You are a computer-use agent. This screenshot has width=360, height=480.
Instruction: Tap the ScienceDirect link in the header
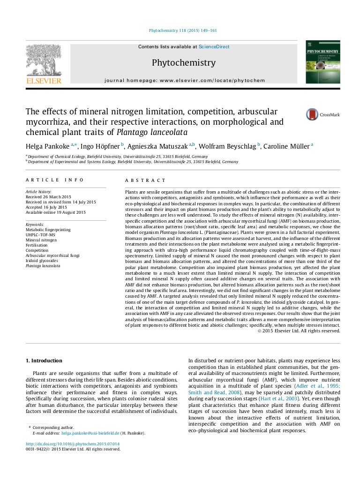pyautogui.click(x=214, y=47)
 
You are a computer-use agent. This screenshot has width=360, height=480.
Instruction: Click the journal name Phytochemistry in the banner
pyautogui.click(x=184, y=63)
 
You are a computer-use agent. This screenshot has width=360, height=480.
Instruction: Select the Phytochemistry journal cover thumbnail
pyautogui.click(x=322, y=62)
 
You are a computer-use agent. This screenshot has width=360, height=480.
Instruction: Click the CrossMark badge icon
pyautogui.click(x=312, y=114)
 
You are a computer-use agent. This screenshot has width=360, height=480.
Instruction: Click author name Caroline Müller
pyautogui.click(x=286, y=146)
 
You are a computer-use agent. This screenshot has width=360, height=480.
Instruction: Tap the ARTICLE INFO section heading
pyautogui.click(x=55, y=180)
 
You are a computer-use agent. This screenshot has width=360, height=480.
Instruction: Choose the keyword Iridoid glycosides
pyautogui.click(x=42, y=261)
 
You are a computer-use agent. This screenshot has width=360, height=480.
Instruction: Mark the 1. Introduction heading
pyautogui.click(x=43, y=360)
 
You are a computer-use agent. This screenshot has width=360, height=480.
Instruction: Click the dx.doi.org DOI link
pyautogui.click(x=73, y=443)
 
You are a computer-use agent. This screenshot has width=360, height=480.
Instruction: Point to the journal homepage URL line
pyautogui.click(x=184, y=80)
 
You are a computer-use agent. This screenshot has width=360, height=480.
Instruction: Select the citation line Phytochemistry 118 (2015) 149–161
pyautogui.click(x=182, y=31)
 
